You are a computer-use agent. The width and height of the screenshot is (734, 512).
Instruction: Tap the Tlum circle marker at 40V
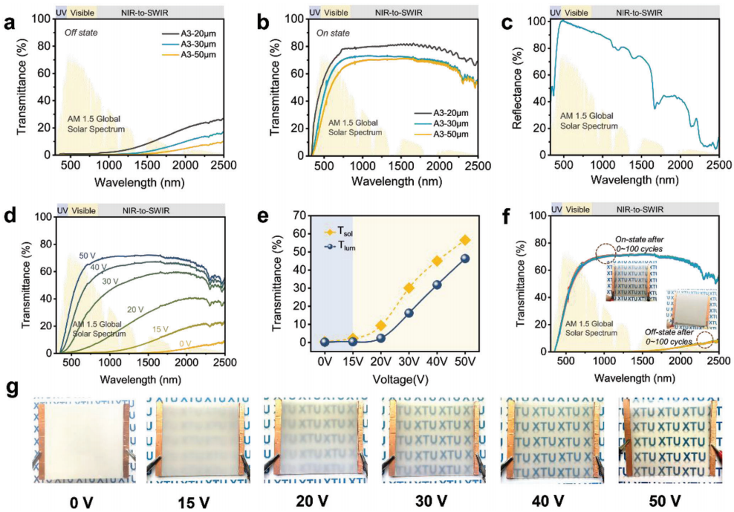tap(438, 285)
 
